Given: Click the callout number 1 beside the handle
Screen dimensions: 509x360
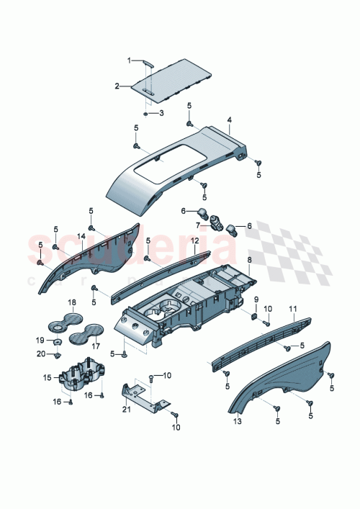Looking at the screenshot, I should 130,60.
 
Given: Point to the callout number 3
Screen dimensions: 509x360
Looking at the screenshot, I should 161,113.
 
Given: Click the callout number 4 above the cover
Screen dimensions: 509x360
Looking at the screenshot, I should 229,120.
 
